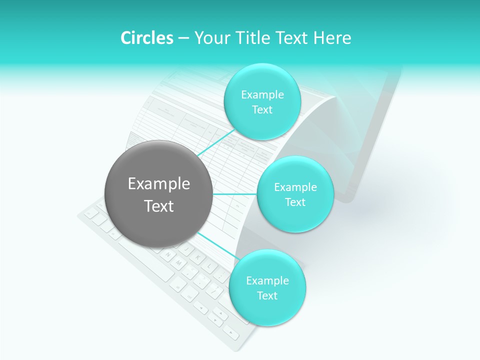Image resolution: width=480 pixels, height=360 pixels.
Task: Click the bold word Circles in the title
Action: click(x=146, y=38)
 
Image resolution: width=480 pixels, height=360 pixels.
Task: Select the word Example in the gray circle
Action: click(x=158, y=184)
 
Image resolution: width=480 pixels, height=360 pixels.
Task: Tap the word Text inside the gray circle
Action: click(x=158, y=206)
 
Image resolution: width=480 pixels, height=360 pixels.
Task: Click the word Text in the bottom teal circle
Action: click(x=267, y=296)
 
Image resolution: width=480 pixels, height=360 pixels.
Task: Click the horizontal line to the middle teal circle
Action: click(x=234, y=194)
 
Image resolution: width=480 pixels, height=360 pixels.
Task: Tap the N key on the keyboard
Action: click(x=168, y=254)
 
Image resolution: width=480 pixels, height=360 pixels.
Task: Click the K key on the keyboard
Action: click(x=197, y=257)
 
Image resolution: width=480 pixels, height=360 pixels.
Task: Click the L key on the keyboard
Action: click(x=209, y=265)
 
